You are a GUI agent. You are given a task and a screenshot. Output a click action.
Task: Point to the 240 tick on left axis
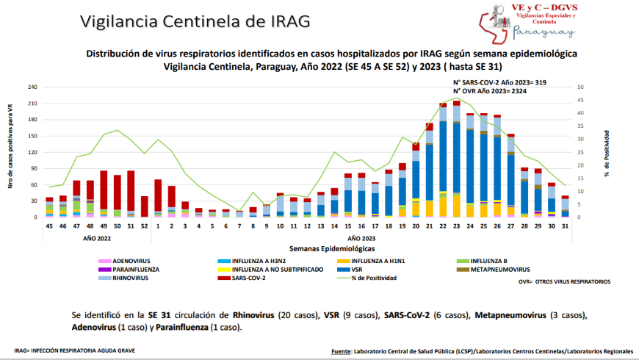coord(33,87)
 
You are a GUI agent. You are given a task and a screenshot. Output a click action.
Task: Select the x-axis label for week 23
coord(457,226)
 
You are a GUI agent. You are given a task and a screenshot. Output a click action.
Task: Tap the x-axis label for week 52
coord(144,226)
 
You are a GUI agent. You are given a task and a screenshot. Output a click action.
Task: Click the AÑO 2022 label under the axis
coord(97,238)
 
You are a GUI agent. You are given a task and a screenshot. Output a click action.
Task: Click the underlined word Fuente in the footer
coord(342,351)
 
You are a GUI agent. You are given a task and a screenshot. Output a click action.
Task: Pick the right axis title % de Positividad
coord(607,152)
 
